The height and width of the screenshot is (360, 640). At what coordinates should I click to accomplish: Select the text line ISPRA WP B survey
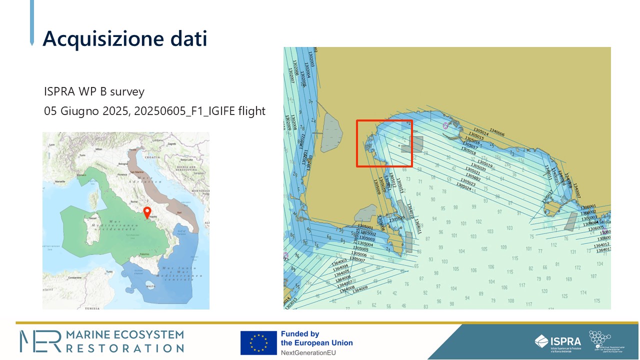[x=94, y=92]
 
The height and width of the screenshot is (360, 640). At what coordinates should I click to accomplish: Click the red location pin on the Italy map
[x=147, y=212]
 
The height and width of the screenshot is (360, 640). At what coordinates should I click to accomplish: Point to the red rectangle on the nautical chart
[x=384, y=143]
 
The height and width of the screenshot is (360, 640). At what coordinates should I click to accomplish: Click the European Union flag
[x=258, y=343]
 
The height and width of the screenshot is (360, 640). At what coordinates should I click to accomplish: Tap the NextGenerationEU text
[x=307, y=352]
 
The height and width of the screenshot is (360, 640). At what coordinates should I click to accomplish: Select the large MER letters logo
[x=39, y=341]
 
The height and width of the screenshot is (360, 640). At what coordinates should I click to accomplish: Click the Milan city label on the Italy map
[x=98, y=149]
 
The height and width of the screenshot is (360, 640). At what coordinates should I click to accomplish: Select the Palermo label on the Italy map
[x=144, y=254]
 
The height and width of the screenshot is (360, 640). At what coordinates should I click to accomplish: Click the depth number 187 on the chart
[x=593, y=276]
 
